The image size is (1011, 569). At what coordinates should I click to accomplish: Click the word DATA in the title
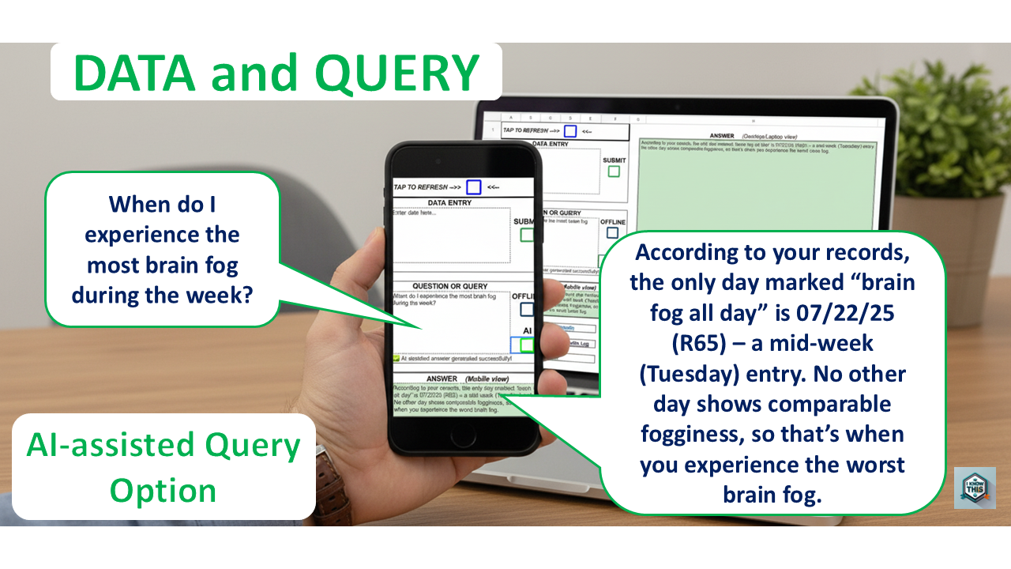(133, 73)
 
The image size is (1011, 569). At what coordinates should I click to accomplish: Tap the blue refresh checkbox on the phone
(473, 187)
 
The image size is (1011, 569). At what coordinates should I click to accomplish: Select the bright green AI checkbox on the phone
(527, 345)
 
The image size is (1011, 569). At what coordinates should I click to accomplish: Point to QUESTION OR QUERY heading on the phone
(450, 286)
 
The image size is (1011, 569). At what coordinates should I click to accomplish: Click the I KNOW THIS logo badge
(974, 488)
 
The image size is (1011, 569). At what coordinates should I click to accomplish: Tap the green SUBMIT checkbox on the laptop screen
(614, 171)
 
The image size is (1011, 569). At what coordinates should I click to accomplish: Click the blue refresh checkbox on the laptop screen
(569, 131)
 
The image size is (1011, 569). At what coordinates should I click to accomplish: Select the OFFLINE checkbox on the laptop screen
(612, 233)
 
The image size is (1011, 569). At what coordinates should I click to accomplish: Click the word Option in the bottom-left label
(163, 491)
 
